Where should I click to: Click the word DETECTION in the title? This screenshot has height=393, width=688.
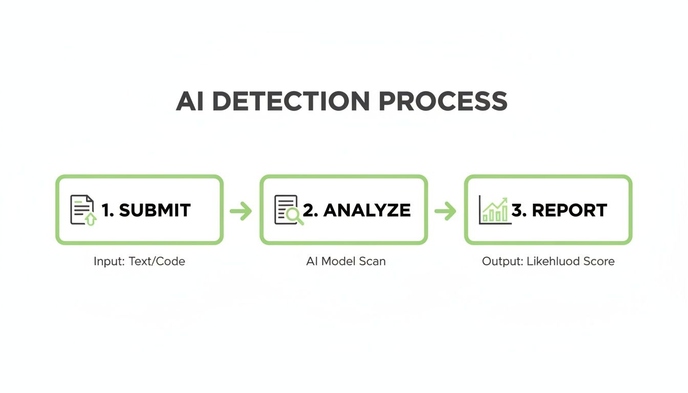(x=290, y=101)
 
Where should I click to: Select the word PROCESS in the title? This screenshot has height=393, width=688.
(x=443, y=101)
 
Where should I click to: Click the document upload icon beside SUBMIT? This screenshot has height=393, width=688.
(x=82, y=210)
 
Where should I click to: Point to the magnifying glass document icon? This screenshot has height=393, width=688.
(x=288, y=210)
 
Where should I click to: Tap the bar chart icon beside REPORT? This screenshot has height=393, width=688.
(x=494, y=210)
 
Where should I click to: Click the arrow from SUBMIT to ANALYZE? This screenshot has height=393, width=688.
(x=241, y=210)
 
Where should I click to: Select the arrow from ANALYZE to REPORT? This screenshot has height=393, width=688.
(x=445, y=210)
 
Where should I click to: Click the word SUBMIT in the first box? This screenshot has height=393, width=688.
(x=155, y=210)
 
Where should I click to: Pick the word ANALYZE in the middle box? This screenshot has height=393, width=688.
(x=367, y=210)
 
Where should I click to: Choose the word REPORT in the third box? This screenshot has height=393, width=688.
(x=569, y=210)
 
